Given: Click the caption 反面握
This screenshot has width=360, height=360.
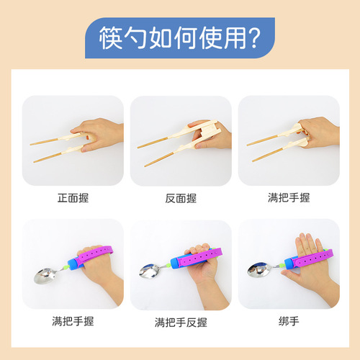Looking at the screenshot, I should tap(180, 195).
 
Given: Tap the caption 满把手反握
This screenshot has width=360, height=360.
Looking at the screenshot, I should tap(180, 322).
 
